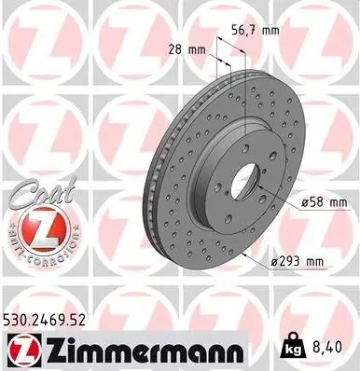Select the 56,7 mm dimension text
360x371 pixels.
[x=256, y=31]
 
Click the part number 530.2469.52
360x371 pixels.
[x=50, y=319]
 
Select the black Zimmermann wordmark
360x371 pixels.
[x=132, y=350]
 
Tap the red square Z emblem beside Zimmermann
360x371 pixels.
[x=18, y=350]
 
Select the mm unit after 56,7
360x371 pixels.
[x=271, y=31]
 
